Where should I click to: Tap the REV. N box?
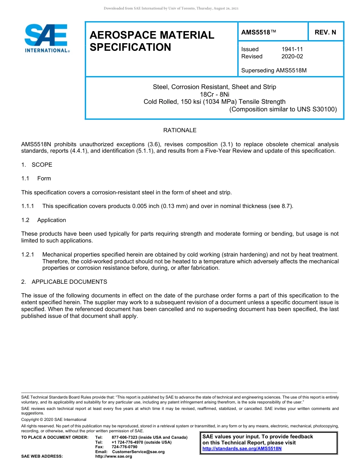[325, 32]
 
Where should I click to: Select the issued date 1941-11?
[292, 49]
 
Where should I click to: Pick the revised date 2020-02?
[292, 56]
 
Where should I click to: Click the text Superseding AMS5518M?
[274, 70]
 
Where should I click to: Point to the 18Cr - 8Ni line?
[214, 94]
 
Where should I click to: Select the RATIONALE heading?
[180, 130]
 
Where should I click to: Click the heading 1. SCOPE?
[37, 165]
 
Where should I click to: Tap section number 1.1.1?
[28, 206]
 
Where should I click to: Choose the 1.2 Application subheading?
[44, 220]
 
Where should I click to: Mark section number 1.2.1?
[28, 254]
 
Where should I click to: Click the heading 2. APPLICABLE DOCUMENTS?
[64, 282]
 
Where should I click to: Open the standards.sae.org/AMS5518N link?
[242, 449]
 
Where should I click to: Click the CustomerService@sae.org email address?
[138, 452]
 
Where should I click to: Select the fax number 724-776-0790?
[124, 447]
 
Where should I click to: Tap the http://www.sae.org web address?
[114, 456]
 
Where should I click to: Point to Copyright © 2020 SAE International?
[54, 419]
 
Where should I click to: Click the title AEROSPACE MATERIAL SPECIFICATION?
[152, 41]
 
